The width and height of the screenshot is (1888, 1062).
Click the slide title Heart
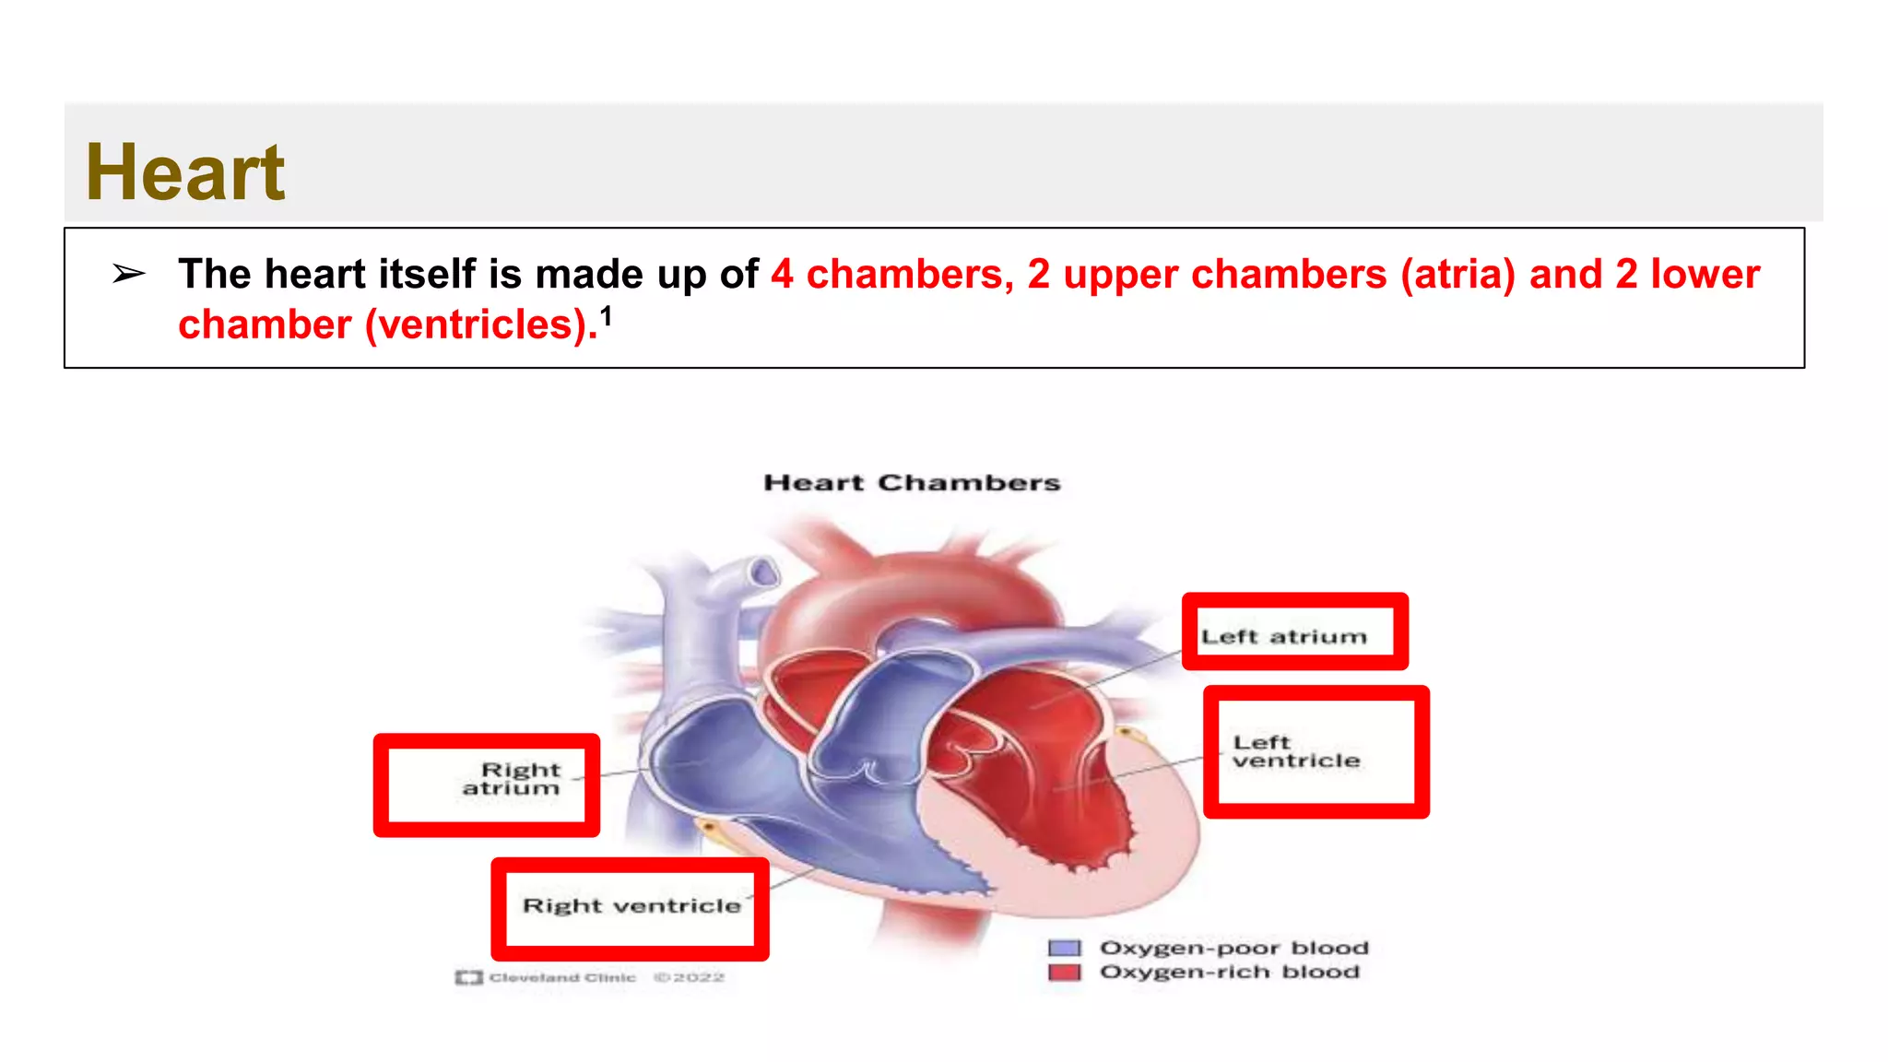point(184,172)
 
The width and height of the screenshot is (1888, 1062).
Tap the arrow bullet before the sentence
point(128,274)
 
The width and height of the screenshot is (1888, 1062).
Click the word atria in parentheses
point(1457,275)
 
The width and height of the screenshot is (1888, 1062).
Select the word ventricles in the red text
point(479,325)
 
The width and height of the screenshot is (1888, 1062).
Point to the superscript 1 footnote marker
point(606,317)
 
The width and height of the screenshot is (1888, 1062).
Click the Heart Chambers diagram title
point(912,483)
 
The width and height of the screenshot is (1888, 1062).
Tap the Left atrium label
point(1283,636)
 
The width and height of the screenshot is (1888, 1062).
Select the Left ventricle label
point(1296,751)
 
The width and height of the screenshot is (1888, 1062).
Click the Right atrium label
point(513,779)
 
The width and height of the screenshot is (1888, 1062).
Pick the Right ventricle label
point(631,905)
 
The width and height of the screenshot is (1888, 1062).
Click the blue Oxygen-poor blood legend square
point(1065,948)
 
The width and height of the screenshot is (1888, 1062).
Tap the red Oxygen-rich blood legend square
point(1065,972)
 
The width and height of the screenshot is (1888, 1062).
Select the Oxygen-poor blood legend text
point(1233,948)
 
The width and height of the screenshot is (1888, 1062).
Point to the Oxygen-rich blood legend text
point(1229,972)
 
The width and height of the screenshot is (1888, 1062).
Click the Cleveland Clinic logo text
point(561,977)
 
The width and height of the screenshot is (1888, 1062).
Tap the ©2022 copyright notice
point(689,977)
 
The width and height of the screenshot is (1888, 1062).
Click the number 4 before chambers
point(782,275)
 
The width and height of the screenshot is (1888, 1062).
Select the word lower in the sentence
point(1705,275)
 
